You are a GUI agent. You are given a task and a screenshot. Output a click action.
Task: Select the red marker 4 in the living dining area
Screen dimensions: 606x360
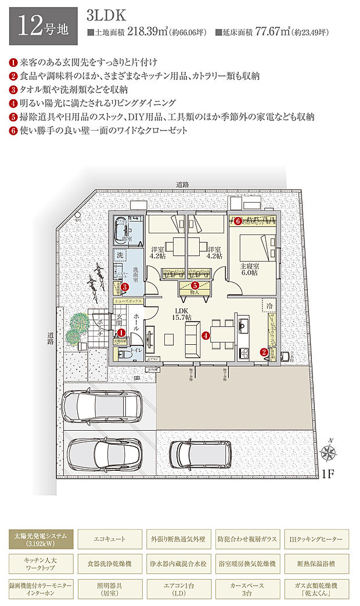(205, 335)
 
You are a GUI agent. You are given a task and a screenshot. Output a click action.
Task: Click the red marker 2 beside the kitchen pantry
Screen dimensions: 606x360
(264, 351)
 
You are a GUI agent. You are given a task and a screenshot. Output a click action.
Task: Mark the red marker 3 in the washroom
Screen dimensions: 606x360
(124, 286)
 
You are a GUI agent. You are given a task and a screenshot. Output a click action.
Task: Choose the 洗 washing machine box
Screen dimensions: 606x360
(120, 255)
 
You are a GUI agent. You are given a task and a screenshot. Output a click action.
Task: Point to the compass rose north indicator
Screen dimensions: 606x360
(330, 452)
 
